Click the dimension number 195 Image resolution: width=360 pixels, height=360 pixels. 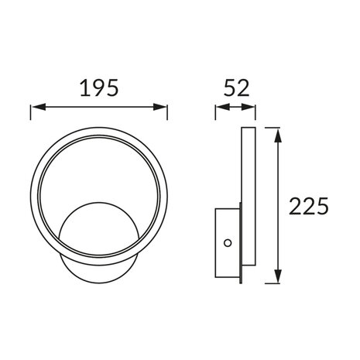(99, 87)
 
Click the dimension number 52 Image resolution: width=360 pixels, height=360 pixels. (235, 87)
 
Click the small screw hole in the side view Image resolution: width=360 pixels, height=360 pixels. (227, 244)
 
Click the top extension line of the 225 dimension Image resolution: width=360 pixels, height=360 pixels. (268, 125)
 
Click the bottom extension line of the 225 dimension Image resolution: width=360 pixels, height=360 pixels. (268, 283)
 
